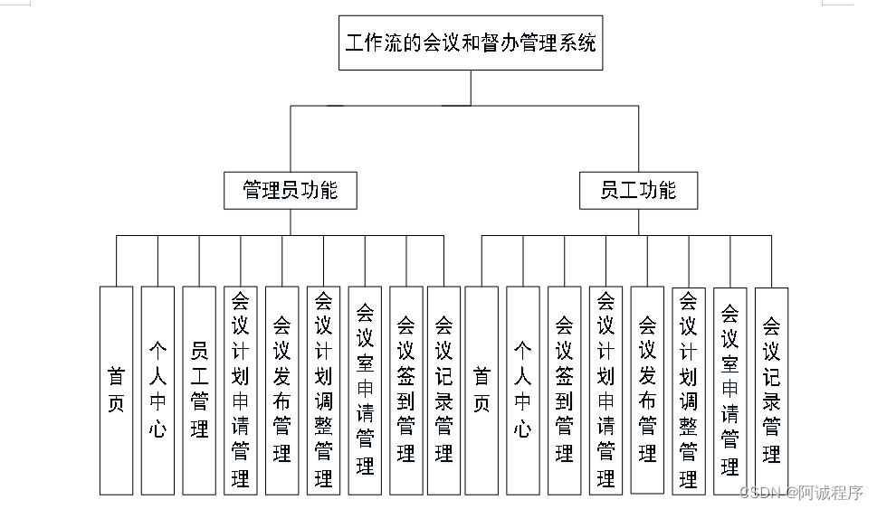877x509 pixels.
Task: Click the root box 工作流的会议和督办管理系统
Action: point(471,42)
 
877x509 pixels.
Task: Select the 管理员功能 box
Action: point(291,191)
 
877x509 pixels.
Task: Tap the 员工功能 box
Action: point(638,191)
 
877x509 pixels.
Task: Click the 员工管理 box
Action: point(199,391)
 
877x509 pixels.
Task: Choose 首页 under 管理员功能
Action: point(116,391)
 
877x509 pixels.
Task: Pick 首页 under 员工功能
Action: point(481,391)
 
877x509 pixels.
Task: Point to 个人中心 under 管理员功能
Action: point(157,391)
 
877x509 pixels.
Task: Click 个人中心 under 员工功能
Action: point(523,391)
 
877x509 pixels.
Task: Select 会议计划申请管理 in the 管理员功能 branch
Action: point(241,391)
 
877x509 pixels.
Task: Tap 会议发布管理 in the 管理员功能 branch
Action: point(282,391)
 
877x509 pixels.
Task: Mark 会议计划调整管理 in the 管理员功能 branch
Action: point(323,391)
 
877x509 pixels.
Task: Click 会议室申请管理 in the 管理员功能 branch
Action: point(365,391)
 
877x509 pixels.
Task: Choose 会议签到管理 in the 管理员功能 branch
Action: point(406,391)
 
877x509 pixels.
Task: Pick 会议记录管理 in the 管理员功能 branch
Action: point(443,391)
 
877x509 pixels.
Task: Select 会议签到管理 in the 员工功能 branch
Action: point(565,391)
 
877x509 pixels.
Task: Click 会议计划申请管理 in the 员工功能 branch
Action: point(606,391)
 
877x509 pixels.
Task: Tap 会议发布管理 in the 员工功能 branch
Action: point(647,390)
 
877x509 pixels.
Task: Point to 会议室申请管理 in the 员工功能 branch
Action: point(730,391)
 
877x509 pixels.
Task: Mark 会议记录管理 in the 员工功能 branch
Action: point(771,391)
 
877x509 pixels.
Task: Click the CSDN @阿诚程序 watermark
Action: point(801,492)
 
